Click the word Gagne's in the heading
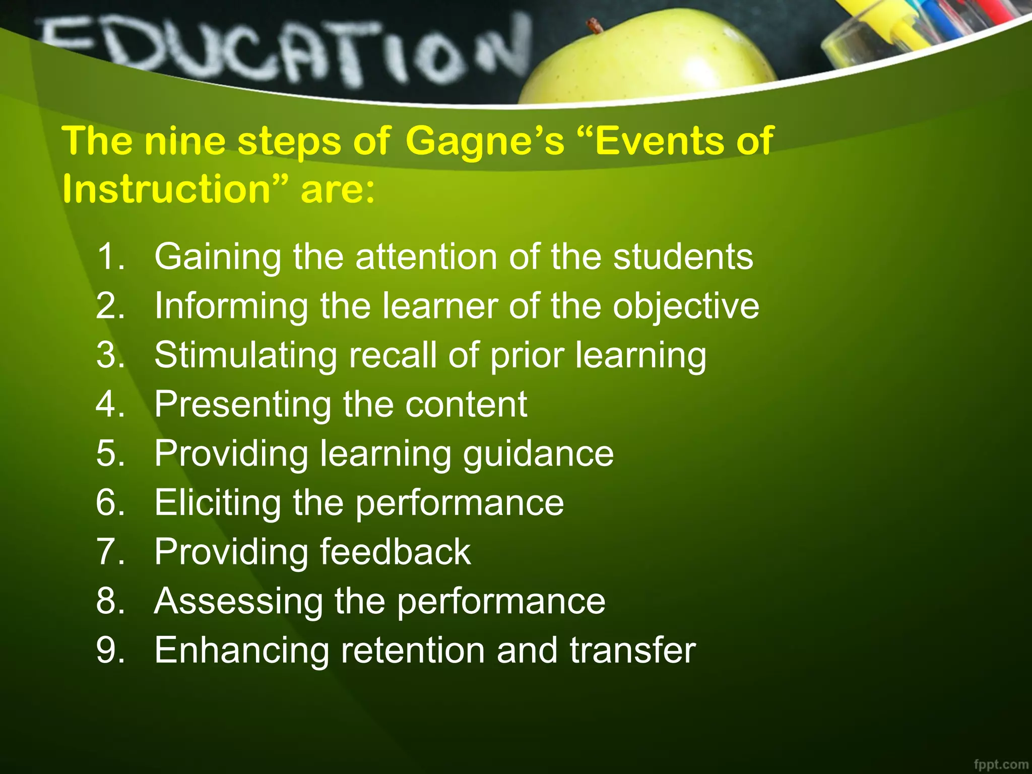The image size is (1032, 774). coord(485,142)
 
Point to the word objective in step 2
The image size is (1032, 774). coord(685,307)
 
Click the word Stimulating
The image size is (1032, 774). coord(245,356)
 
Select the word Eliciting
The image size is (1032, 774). coord(217,503)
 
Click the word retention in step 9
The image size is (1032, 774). coord(413,650)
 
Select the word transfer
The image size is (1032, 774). coord(632,650)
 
